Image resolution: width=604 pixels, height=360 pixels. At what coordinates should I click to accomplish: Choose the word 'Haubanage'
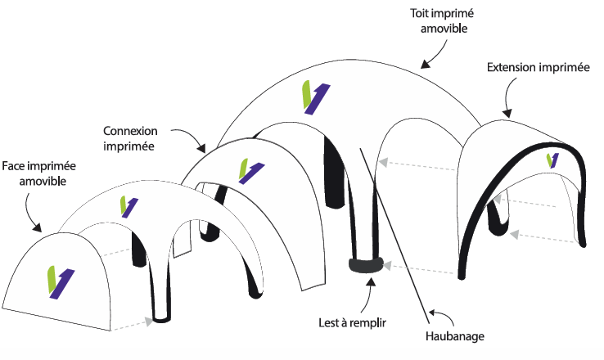tap(455, 335)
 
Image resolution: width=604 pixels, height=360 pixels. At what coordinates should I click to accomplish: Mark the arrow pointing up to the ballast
tap(370, 294)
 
